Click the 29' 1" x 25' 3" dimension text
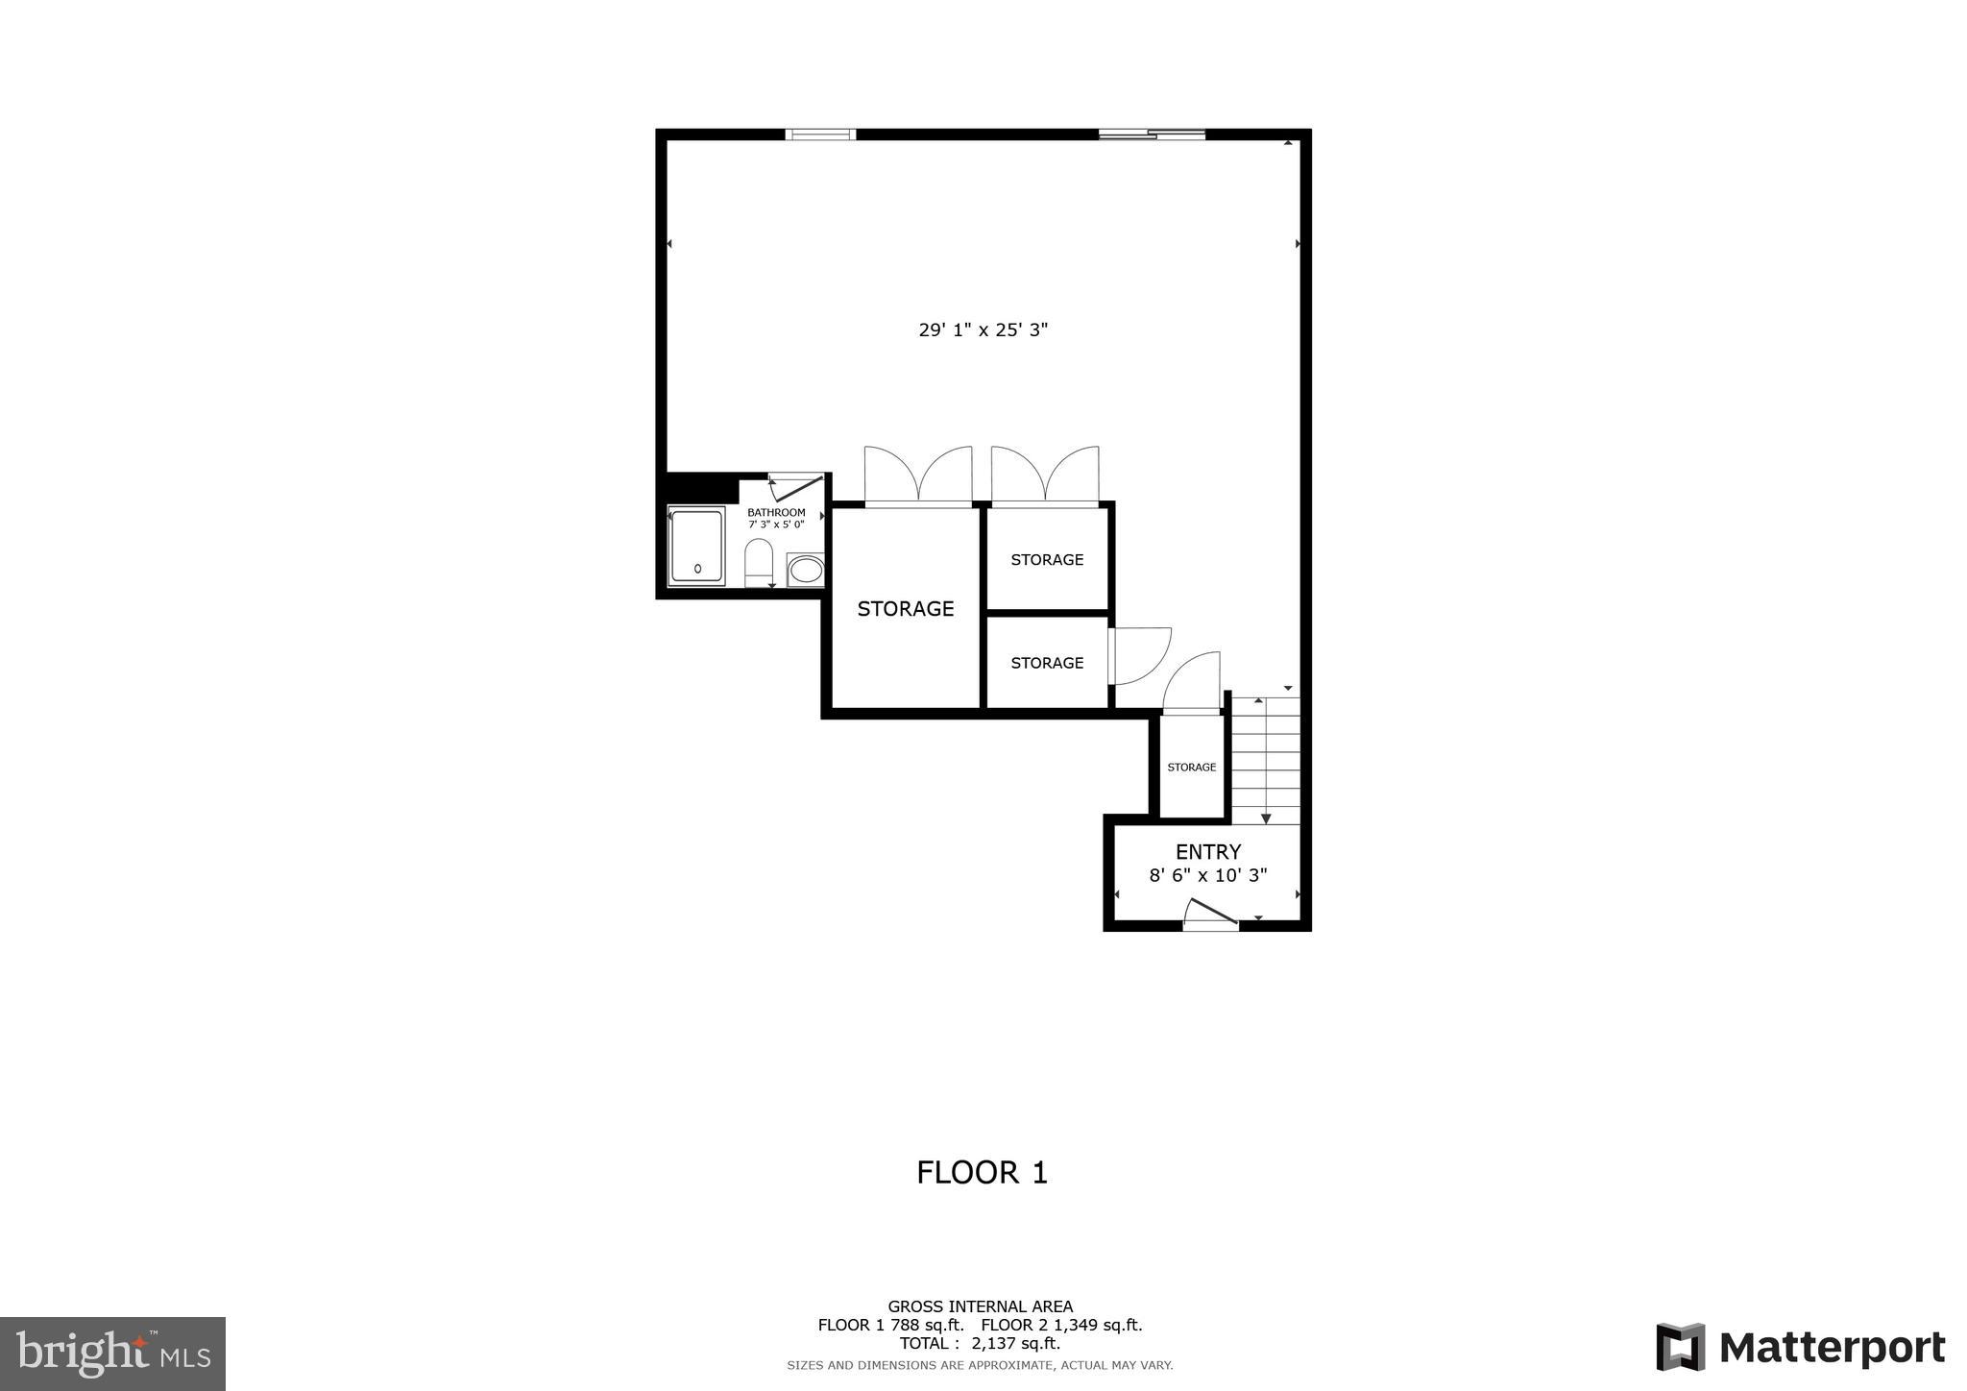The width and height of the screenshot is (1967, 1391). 983,329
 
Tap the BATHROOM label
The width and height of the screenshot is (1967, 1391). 776,512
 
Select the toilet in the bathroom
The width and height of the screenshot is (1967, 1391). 759,562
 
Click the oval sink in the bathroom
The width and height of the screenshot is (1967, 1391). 805,571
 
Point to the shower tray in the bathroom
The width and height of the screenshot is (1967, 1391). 697,546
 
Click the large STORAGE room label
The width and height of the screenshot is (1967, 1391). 905,608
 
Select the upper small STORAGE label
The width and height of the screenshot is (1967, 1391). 1047,559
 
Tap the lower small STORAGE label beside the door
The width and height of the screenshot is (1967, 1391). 1047,663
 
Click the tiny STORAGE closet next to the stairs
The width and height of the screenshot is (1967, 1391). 1191,767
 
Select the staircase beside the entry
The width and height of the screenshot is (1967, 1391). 1266,759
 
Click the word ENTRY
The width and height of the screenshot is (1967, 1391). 1208,851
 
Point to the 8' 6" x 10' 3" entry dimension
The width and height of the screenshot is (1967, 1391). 1208,875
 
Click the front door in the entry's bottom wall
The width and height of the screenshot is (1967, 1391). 1210,915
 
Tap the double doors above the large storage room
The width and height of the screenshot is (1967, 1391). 918,476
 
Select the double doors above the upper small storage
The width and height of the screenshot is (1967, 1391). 1045,476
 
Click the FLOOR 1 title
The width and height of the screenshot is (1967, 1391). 982,1172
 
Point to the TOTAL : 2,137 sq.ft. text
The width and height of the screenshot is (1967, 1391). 980,1343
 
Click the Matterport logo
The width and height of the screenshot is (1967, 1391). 1801,1347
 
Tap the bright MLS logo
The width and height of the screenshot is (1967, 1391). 112,1354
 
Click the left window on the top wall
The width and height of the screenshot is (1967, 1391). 820,134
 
